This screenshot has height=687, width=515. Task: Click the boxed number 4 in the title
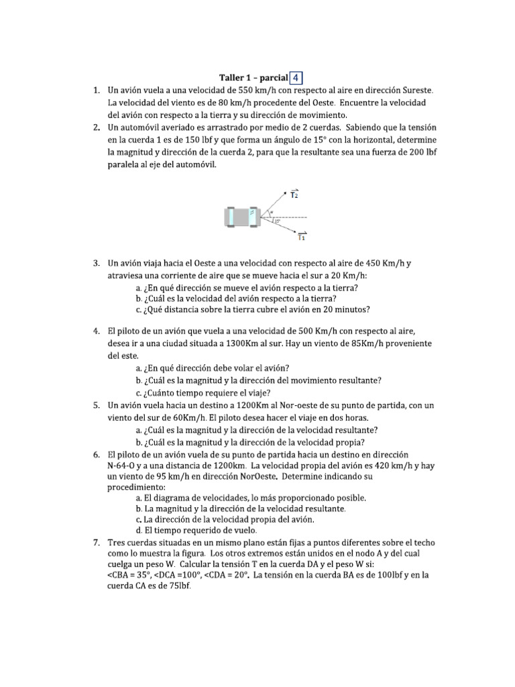point(296,77)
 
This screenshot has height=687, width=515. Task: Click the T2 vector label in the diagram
point(294,195)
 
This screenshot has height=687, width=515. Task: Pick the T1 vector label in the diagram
point(301,235)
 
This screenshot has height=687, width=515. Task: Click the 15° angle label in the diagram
point(276,221)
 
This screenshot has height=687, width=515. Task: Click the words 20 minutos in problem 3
point(343,310)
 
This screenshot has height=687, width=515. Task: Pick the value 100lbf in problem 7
point(386,575)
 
